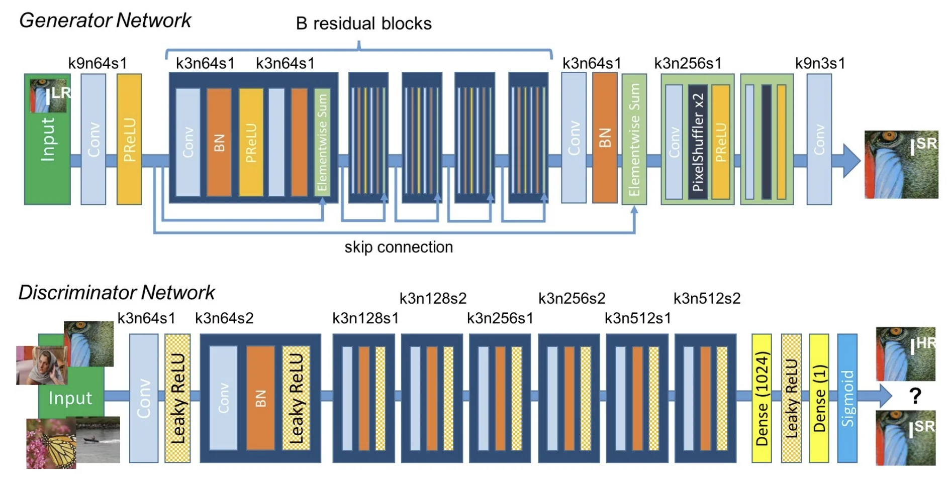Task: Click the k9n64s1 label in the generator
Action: pos(98,63)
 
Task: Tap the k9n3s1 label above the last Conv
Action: pos(820,63)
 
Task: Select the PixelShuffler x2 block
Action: pos(698,142)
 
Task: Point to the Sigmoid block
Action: pos(847,398)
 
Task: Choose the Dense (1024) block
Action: pos(762,398)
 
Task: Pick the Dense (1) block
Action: pos(819,398)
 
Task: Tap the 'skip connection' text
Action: pos(399,247)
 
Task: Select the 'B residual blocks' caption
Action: pos(363,24)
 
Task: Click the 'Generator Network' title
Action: pos(105,21)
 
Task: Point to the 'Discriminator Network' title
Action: pos(117,293)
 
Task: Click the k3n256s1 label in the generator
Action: pos(688,63)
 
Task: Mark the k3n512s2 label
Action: pos(707,299)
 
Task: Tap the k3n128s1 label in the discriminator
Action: pos(365,318)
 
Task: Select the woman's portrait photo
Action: pos(41,365)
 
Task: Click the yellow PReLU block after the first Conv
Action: pos(129,140)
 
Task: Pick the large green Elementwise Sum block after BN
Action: pos(634,140)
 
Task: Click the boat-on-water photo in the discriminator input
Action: pos(99,440)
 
